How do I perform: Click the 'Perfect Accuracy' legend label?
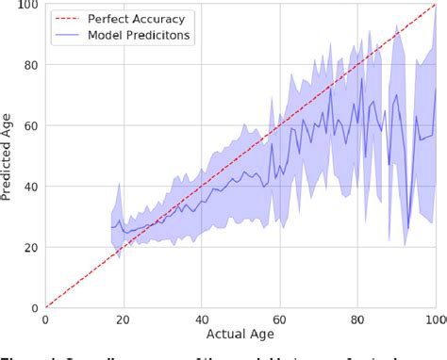pyautogui.click(x=143, y=18)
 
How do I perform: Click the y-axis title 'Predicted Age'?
pyautogui.click(x=8, y=156)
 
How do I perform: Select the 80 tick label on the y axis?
pyautogui.click(x=30, y=66)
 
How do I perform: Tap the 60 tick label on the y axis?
pyautogui.click(x=30, y=126)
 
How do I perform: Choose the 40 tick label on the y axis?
pyautogui.click(x=30, y=187)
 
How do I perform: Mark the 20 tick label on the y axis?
pyautogui.click(x=30, y=247)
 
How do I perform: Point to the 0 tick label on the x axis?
pyautogui.click(x=45, y=320)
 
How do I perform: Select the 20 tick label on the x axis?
pyautogui.click(x=124, y=320)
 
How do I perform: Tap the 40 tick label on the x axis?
pyautogui.click(x=202, y=320)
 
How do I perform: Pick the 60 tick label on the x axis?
pyautogui.click(x=280, y=320)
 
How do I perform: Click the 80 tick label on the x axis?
pyautogui.click(x=358, y=320)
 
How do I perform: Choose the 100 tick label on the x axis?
pyautogui.click(x=435, y=320)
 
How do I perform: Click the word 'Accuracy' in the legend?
pyautogui.click(x=168, y=18)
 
